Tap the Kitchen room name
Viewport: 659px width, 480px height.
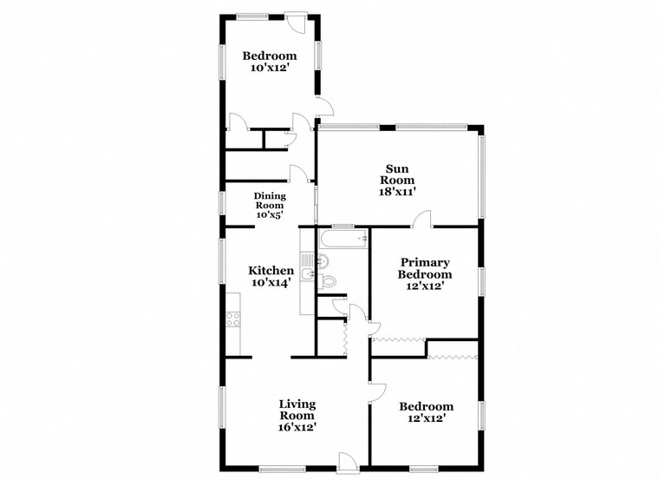(270, 270)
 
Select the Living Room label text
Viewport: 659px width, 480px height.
(296, 410)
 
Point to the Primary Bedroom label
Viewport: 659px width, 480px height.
(425, 268)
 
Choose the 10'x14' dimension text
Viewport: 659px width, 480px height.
(270, 282)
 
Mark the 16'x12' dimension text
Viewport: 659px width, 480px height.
(296, 427)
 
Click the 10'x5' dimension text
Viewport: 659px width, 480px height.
(269, 215)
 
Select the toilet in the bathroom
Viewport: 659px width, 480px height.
(329, 280)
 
